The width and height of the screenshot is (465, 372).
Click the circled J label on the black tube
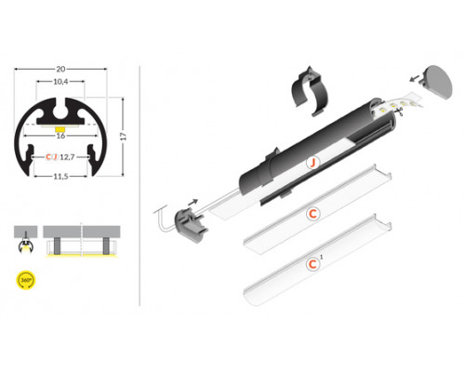(314, 162)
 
